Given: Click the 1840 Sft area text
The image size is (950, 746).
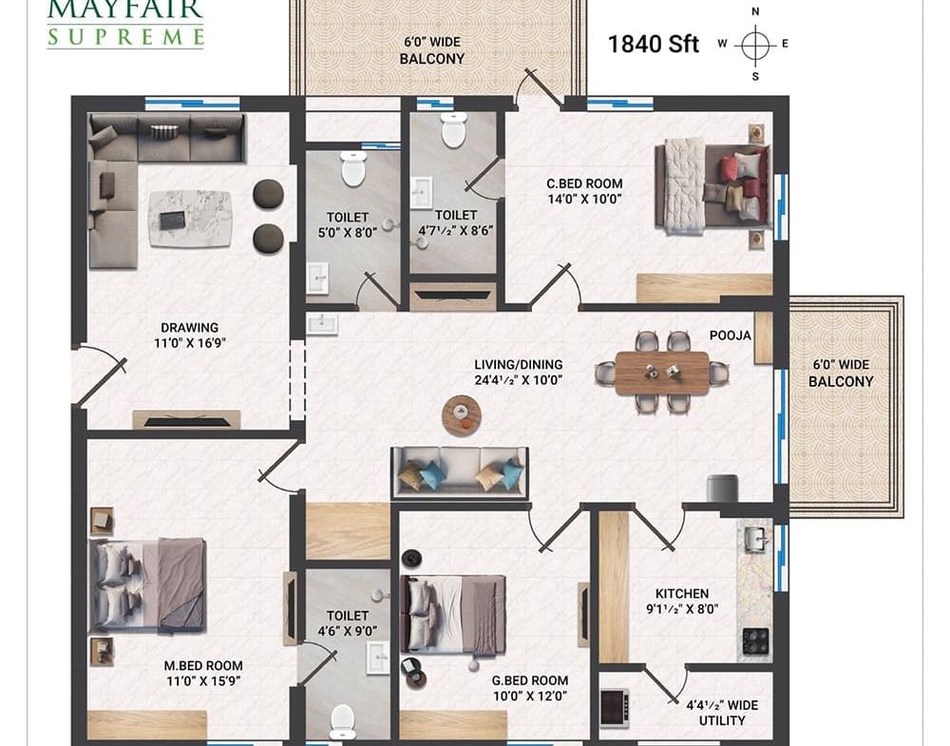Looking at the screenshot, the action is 654,45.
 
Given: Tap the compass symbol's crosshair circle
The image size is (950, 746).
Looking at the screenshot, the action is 755,45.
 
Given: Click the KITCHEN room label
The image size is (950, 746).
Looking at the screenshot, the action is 681,594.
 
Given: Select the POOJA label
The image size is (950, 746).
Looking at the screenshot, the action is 730,335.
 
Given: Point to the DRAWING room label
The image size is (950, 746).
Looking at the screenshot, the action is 190,328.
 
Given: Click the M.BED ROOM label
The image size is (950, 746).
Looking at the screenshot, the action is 203,665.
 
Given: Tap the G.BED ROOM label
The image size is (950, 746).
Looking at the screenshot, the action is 529,680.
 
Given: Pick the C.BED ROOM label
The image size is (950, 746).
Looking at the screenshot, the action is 584,183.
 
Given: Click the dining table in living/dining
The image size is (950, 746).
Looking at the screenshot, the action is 661,373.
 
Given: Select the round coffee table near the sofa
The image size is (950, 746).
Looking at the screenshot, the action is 462,415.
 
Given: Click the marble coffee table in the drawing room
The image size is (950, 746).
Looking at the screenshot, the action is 190,219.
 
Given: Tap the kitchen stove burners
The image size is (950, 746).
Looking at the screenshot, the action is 755,641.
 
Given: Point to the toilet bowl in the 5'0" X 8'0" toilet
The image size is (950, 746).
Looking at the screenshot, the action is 353,168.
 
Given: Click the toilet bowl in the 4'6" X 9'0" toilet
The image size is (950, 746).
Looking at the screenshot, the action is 342,721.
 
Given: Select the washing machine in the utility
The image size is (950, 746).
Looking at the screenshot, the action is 614,708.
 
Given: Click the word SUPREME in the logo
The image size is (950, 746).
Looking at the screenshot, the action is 125,36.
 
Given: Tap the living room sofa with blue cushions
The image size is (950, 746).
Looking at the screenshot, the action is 460,472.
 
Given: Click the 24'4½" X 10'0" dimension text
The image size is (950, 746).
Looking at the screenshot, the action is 519,380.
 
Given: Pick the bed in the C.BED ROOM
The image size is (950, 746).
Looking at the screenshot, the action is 712,185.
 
